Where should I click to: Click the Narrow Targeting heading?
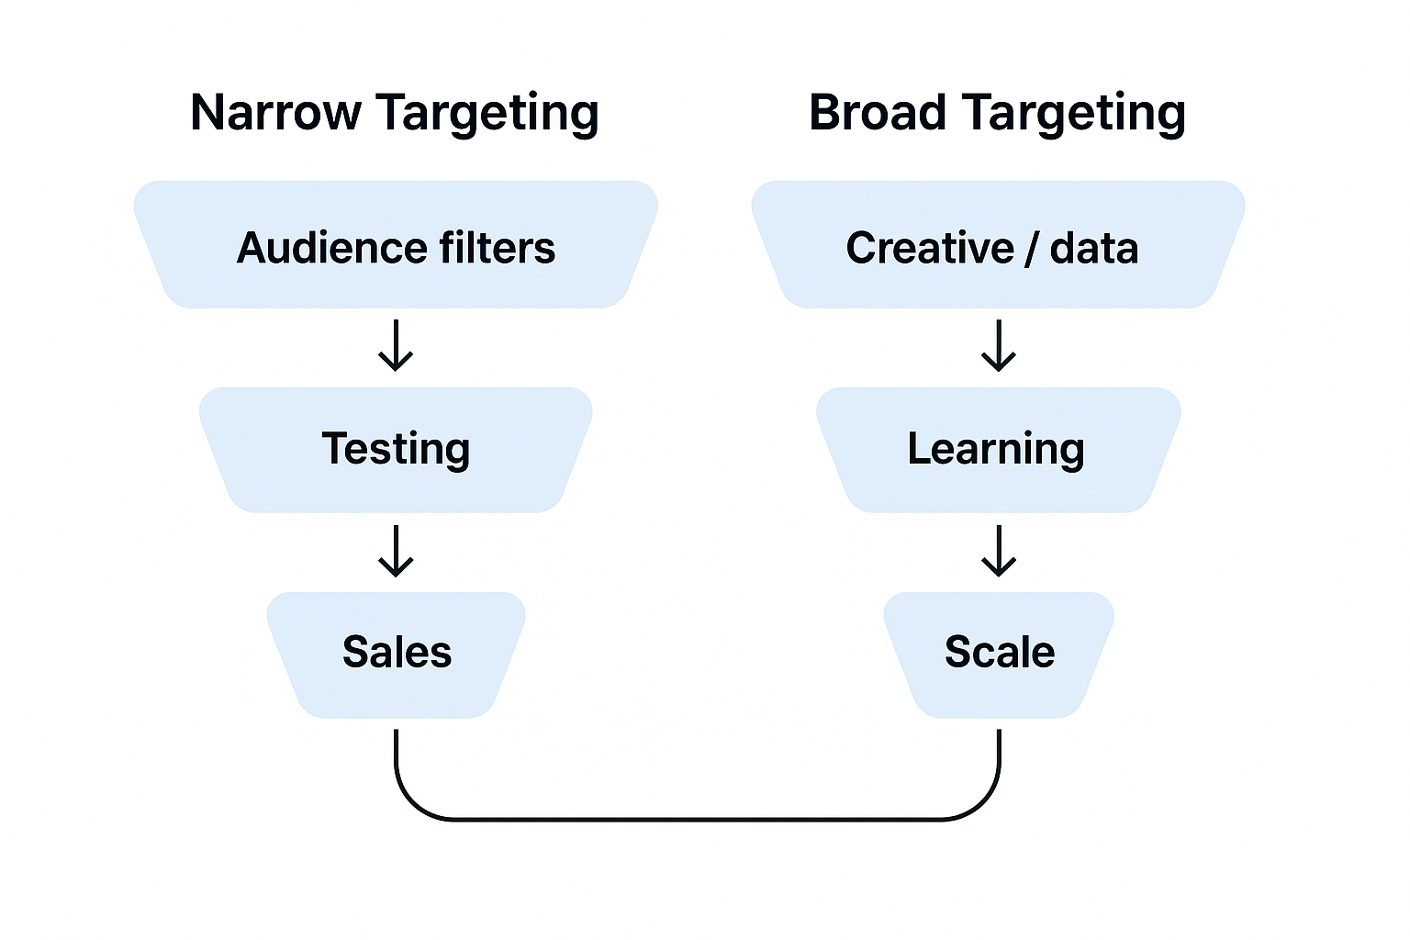(x=395, y=114)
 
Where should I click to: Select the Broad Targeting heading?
(x=997, y=114)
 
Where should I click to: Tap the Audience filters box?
(x=396, y=244)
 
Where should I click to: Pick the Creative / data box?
(x=998, y=244)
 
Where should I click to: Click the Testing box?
(x=396, y=450)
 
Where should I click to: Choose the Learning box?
(x=998, y=450)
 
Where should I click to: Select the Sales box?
(x=396, y=654)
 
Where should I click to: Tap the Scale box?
(x=999, y=654)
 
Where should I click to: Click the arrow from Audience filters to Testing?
(x=396, y=346)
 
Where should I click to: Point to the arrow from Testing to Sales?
(x=396, y=551)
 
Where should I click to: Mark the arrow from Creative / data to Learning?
(x=999, y=346)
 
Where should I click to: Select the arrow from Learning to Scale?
(x=999, y=551)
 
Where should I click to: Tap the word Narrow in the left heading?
(x=275, y=112)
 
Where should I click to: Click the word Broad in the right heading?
(x=877, y=112)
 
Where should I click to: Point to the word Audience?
(x=331, y=248)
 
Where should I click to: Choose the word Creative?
(x=929, y=248)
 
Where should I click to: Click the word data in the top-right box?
(x=1093, y=248)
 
